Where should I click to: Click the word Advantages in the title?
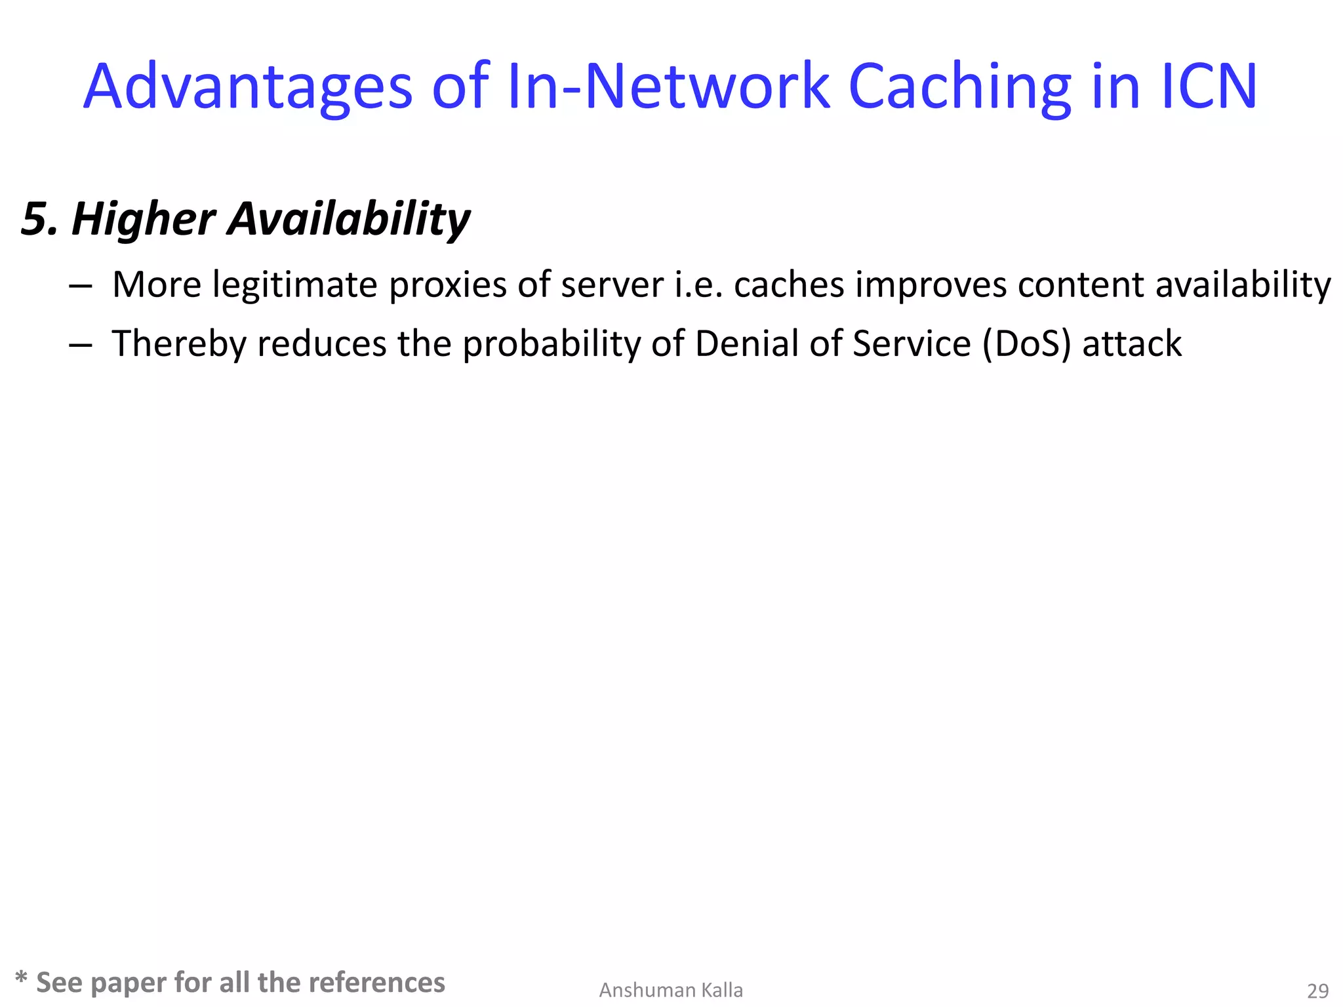coord(248,87)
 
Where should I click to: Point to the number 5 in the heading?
coord(34,219)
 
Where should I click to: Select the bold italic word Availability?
coord(349,219)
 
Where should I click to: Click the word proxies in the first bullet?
coord(448,285)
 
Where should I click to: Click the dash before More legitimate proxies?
coord(80,286)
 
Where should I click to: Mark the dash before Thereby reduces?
coord(80,346)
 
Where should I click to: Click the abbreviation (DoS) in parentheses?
coord(1026,344)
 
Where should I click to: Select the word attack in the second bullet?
coord(1132,344)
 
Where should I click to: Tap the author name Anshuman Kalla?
coord(671,990)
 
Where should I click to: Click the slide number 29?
coord(1318,991)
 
